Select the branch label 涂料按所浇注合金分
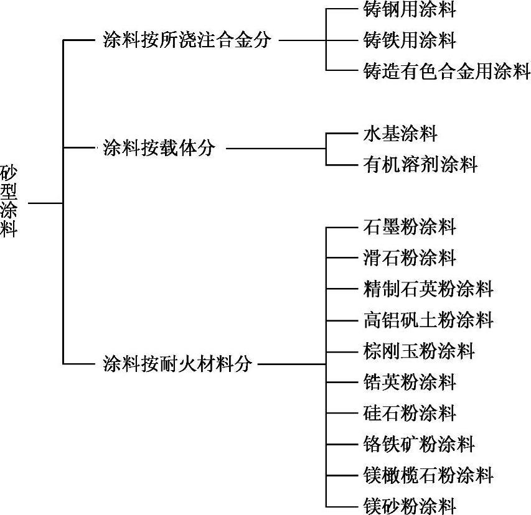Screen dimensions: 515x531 click(187, 41)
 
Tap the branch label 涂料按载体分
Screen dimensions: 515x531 click(159, 149)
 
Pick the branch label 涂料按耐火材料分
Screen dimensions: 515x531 click(177, 364)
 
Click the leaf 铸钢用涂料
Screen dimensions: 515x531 click(409, 10)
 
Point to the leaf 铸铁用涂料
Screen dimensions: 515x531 click(409, 41)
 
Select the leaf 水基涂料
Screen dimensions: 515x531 click(400, 133)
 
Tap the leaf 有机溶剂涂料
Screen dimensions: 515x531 click(420, 164)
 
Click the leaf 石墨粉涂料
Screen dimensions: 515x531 click(409, 226)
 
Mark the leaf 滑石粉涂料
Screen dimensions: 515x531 click(409, 257)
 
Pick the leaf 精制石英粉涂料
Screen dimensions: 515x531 click(428, 289)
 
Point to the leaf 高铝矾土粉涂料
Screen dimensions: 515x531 click(428, 320)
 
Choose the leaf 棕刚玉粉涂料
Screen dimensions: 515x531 click(418, 351)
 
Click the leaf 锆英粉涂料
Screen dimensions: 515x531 click(409, 382)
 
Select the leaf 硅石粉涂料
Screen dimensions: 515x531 click(409, 413)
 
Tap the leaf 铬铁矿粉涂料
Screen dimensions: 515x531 click(418, 444)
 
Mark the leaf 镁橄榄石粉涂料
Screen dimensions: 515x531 click(428, 476)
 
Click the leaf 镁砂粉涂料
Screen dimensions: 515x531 click(409, 506)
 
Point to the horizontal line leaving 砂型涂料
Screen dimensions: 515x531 click(45, 203)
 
